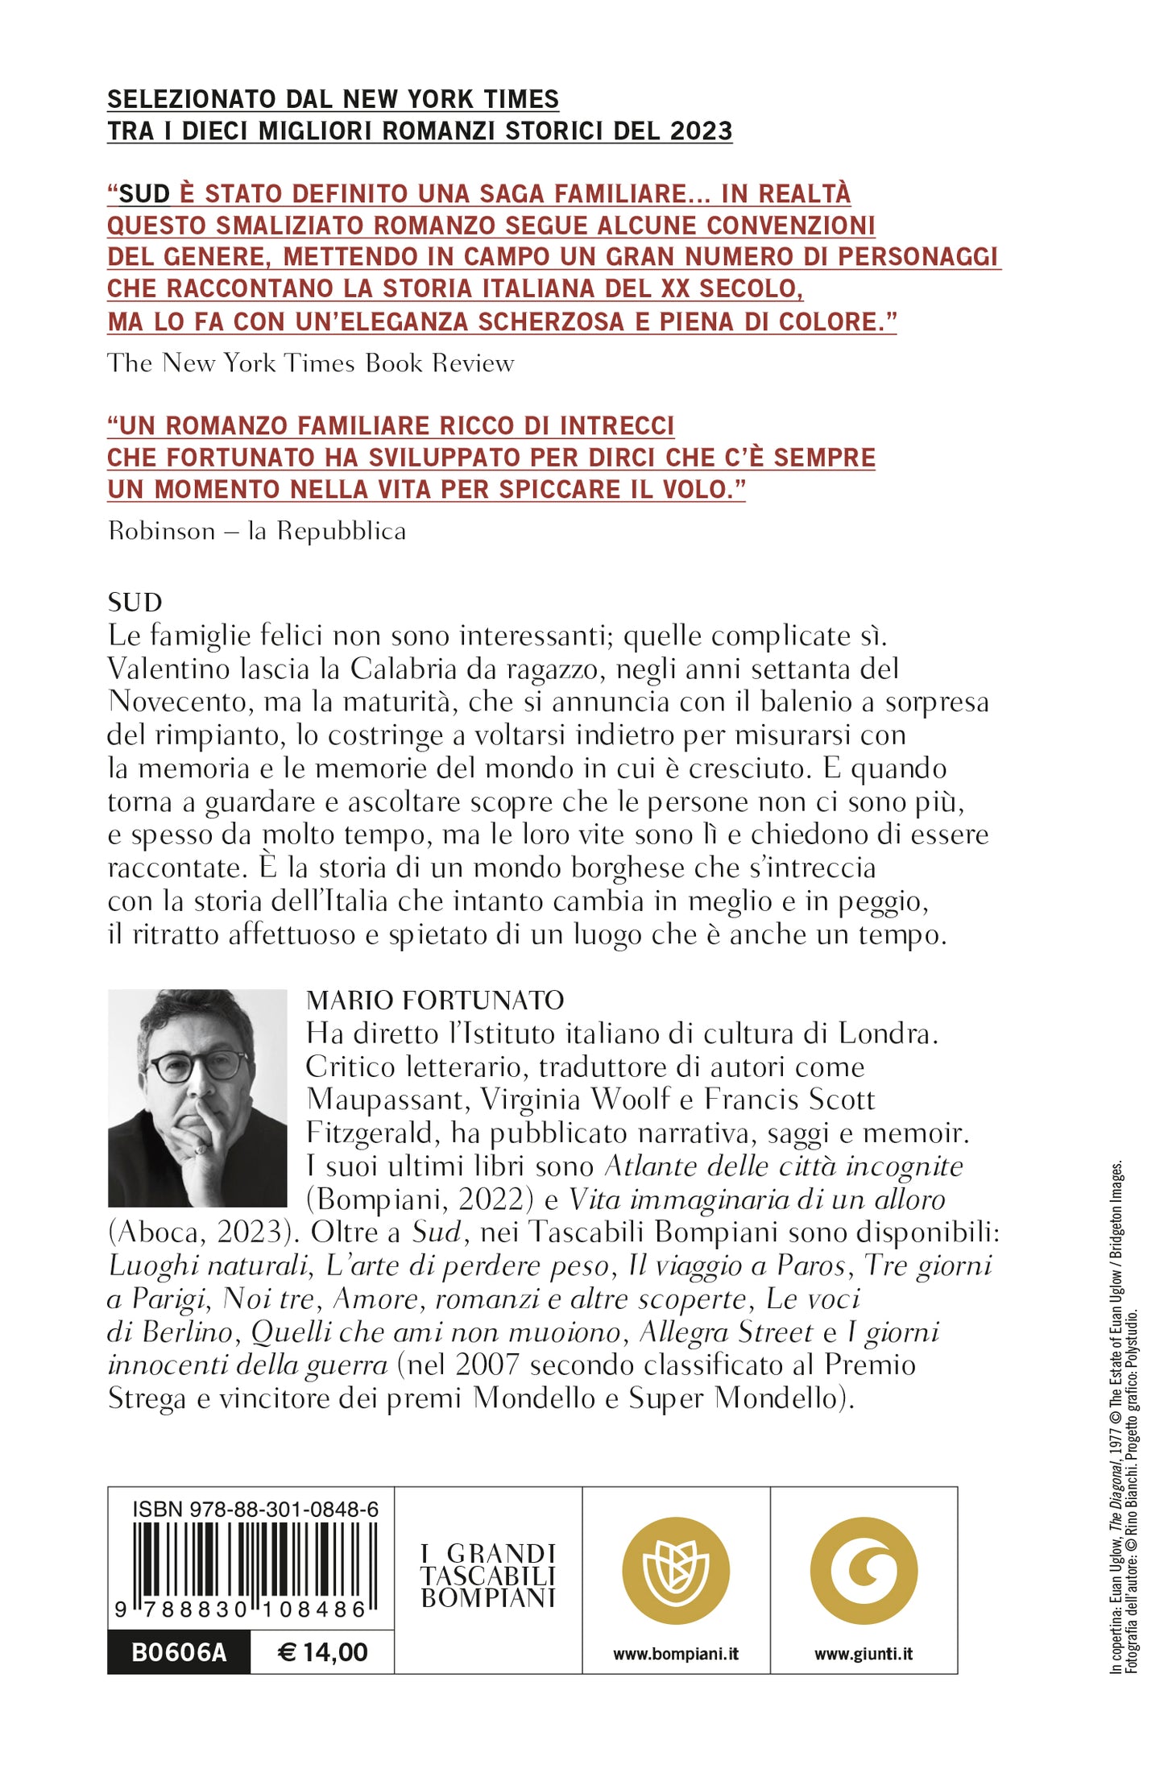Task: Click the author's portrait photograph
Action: pos(197,1097)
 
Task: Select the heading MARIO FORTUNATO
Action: pos(435,1000)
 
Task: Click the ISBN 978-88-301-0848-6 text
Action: pos(255,1509)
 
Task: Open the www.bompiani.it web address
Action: pos(675,1654)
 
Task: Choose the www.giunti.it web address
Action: pos(864,1654)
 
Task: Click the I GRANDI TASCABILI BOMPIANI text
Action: pos(488,1576)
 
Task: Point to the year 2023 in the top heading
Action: pos(700,130)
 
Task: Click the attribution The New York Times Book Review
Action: pos(310,363)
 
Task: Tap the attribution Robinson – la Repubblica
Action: pos(257,531)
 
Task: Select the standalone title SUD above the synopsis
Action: pos(135,602)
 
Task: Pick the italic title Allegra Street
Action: pos(726,1332)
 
